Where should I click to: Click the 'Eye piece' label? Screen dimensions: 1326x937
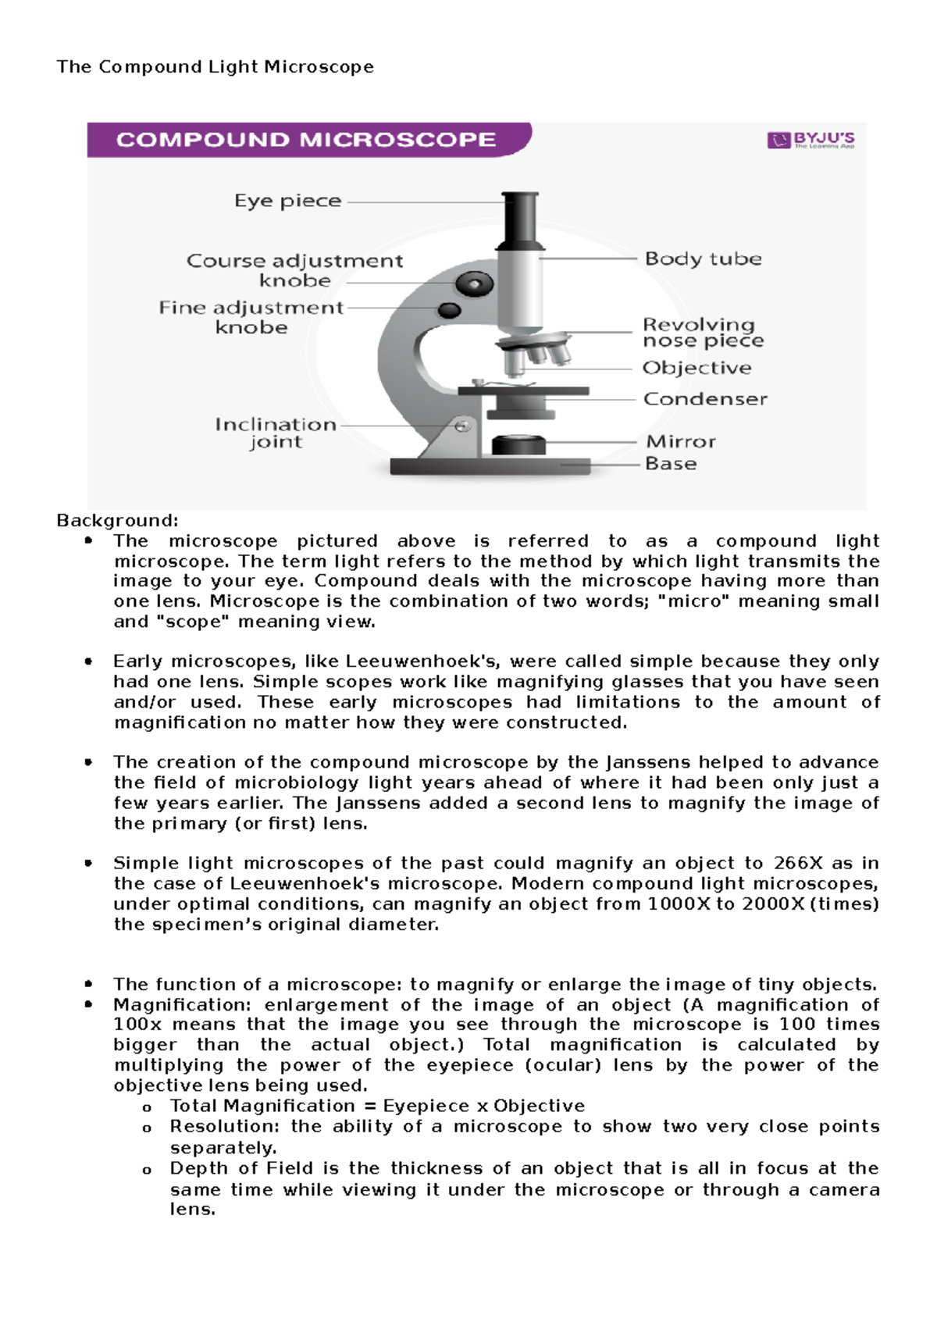tap(287, 201)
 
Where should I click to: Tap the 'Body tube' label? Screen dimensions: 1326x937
tap(703, 258)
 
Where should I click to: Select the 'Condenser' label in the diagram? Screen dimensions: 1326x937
tap(704, 399)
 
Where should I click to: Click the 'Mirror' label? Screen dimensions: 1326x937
tap(680, 442)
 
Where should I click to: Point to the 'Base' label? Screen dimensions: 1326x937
tap(670, 464)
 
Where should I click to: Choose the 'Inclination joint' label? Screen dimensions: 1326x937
tap(275, 433)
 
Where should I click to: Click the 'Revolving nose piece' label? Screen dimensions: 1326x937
tap(702, 333)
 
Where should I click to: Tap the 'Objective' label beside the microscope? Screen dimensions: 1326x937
tap(697, 368)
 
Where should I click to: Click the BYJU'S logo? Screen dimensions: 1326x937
tap(811, 141)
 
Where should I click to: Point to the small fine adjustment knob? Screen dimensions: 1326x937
tap(449, 310)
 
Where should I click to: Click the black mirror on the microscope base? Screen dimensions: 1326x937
tap(518, 444)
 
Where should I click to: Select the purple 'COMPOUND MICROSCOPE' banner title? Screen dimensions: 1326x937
tap(306, 140)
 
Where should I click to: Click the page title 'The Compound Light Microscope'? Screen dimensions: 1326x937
tap(215, 67)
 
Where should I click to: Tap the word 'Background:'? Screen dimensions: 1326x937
tap(118, 521)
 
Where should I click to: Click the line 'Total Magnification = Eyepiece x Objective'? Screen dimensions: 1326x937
tap(377, 1106)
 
